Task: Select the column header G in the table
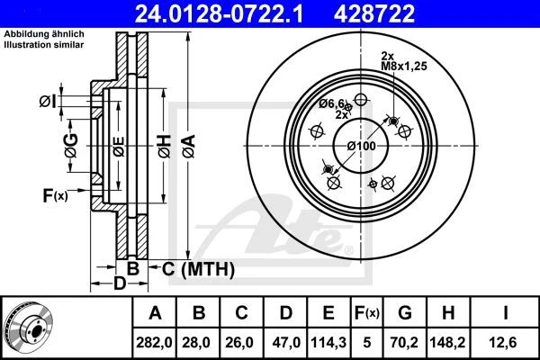tap(405, 313)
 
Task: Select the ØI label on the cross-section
tap(49, 100)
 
